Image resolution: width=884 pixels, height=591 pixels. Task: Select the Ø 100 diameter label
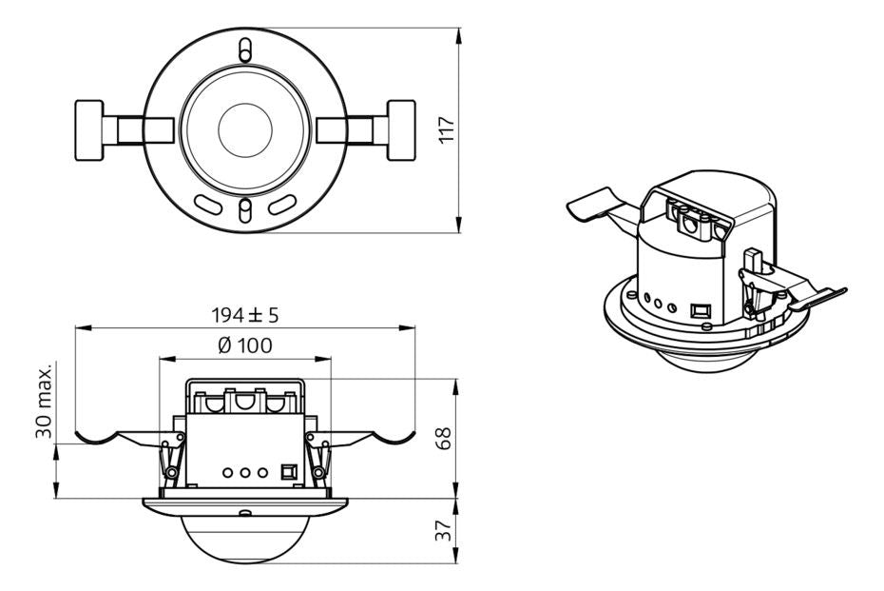click(244, 345)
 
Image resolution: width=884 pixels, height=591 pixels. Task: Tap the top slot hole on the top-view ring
click(245, 48)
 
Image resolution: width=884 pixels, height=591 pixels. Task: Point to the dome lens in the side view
click(244, 538)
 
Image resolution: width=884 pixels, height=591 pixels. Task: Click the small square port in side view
click(289, 471)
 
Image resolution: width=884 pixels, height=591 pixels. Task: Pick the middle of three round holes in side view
click(244, 471)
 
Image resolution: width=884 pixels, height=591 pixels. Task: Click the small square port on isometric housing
click(701, 309)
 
